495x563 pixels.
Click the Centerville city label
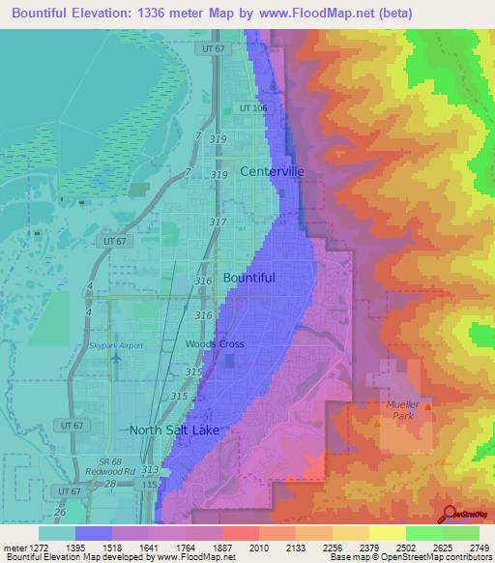(x=272, y=171)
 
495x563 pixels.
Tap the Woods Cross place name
(x=215, y=344)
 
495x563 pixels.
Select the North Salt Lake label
(x=175, y=430)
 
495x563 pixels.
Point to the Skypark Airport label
(x=116, y=345)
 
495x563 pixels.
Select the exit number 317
(x=218, y=222)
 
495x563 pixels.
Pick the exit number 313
(x=150, y=469)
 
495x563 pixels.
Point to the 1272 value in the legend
(x=40, y=547)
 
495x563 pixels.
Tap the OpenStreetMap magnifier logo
(x=450, y=515)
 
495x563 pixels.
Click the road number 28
(x=110, y=483)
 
